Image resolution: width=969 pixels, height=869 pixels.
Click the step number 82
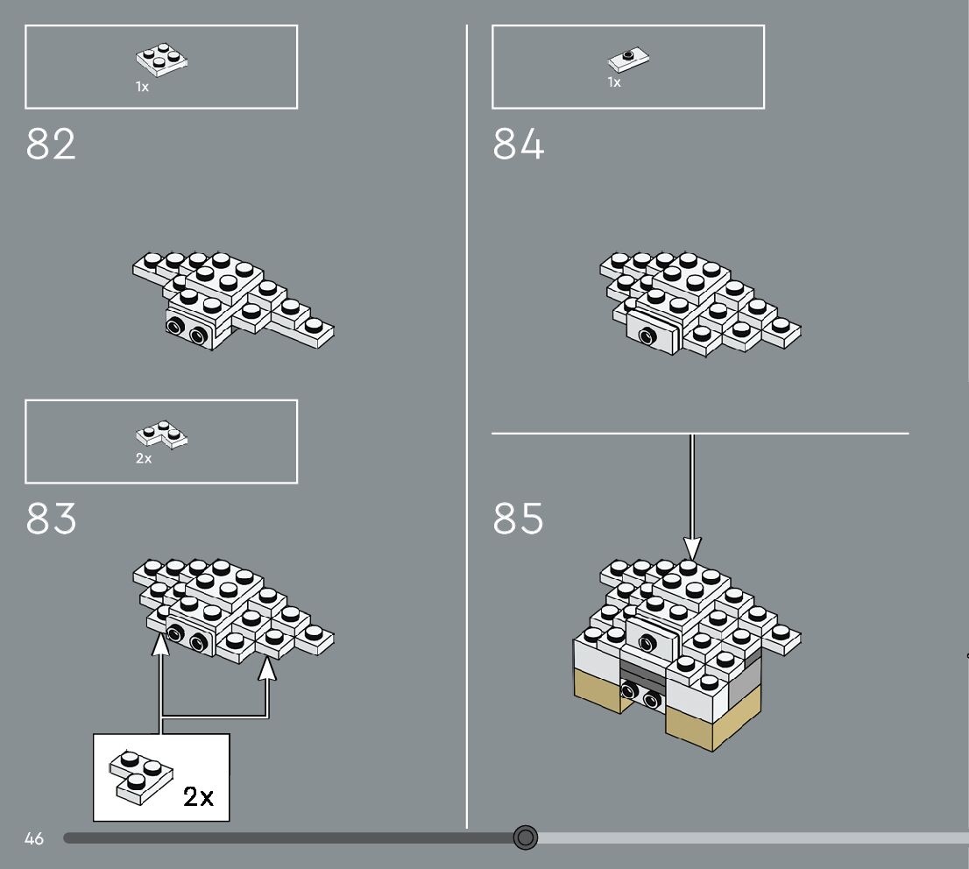(51, 145)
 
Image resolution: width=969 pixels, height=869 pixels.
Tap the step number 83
(51, 519)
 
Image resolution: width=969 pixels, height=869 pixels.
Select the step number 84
(518, 145)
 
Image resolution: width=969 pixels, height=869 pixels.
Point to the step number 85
(518, 519)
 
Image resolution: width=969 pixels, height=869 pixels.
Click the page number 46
(34, 838)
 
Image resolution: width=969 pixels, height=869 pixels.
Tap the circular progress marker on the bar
(525, 838)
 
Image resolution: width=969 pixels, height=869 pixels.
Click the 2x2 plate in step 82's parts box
(164, 60)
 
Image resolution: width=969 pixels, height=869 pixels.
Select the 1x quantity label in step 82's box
(142, 87)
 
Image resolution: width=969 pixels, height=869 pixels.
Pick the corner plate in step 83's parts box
(162, 434)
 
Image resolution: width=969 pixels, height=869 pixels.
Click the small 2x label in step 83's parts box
(144, 458)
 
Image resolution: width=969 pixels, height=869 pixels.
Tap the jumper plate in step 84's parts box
(629, 60)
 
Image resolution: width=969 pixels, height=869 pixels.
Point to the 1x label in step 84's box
(614, 82)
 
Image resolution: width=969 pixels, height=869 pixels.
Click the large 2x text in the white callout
(198, 796)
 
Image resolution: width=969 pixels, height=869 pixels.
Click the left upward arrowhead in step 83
(160, 644)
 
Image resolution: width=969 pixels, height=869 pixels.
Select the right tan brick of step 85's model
(701, 727)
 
